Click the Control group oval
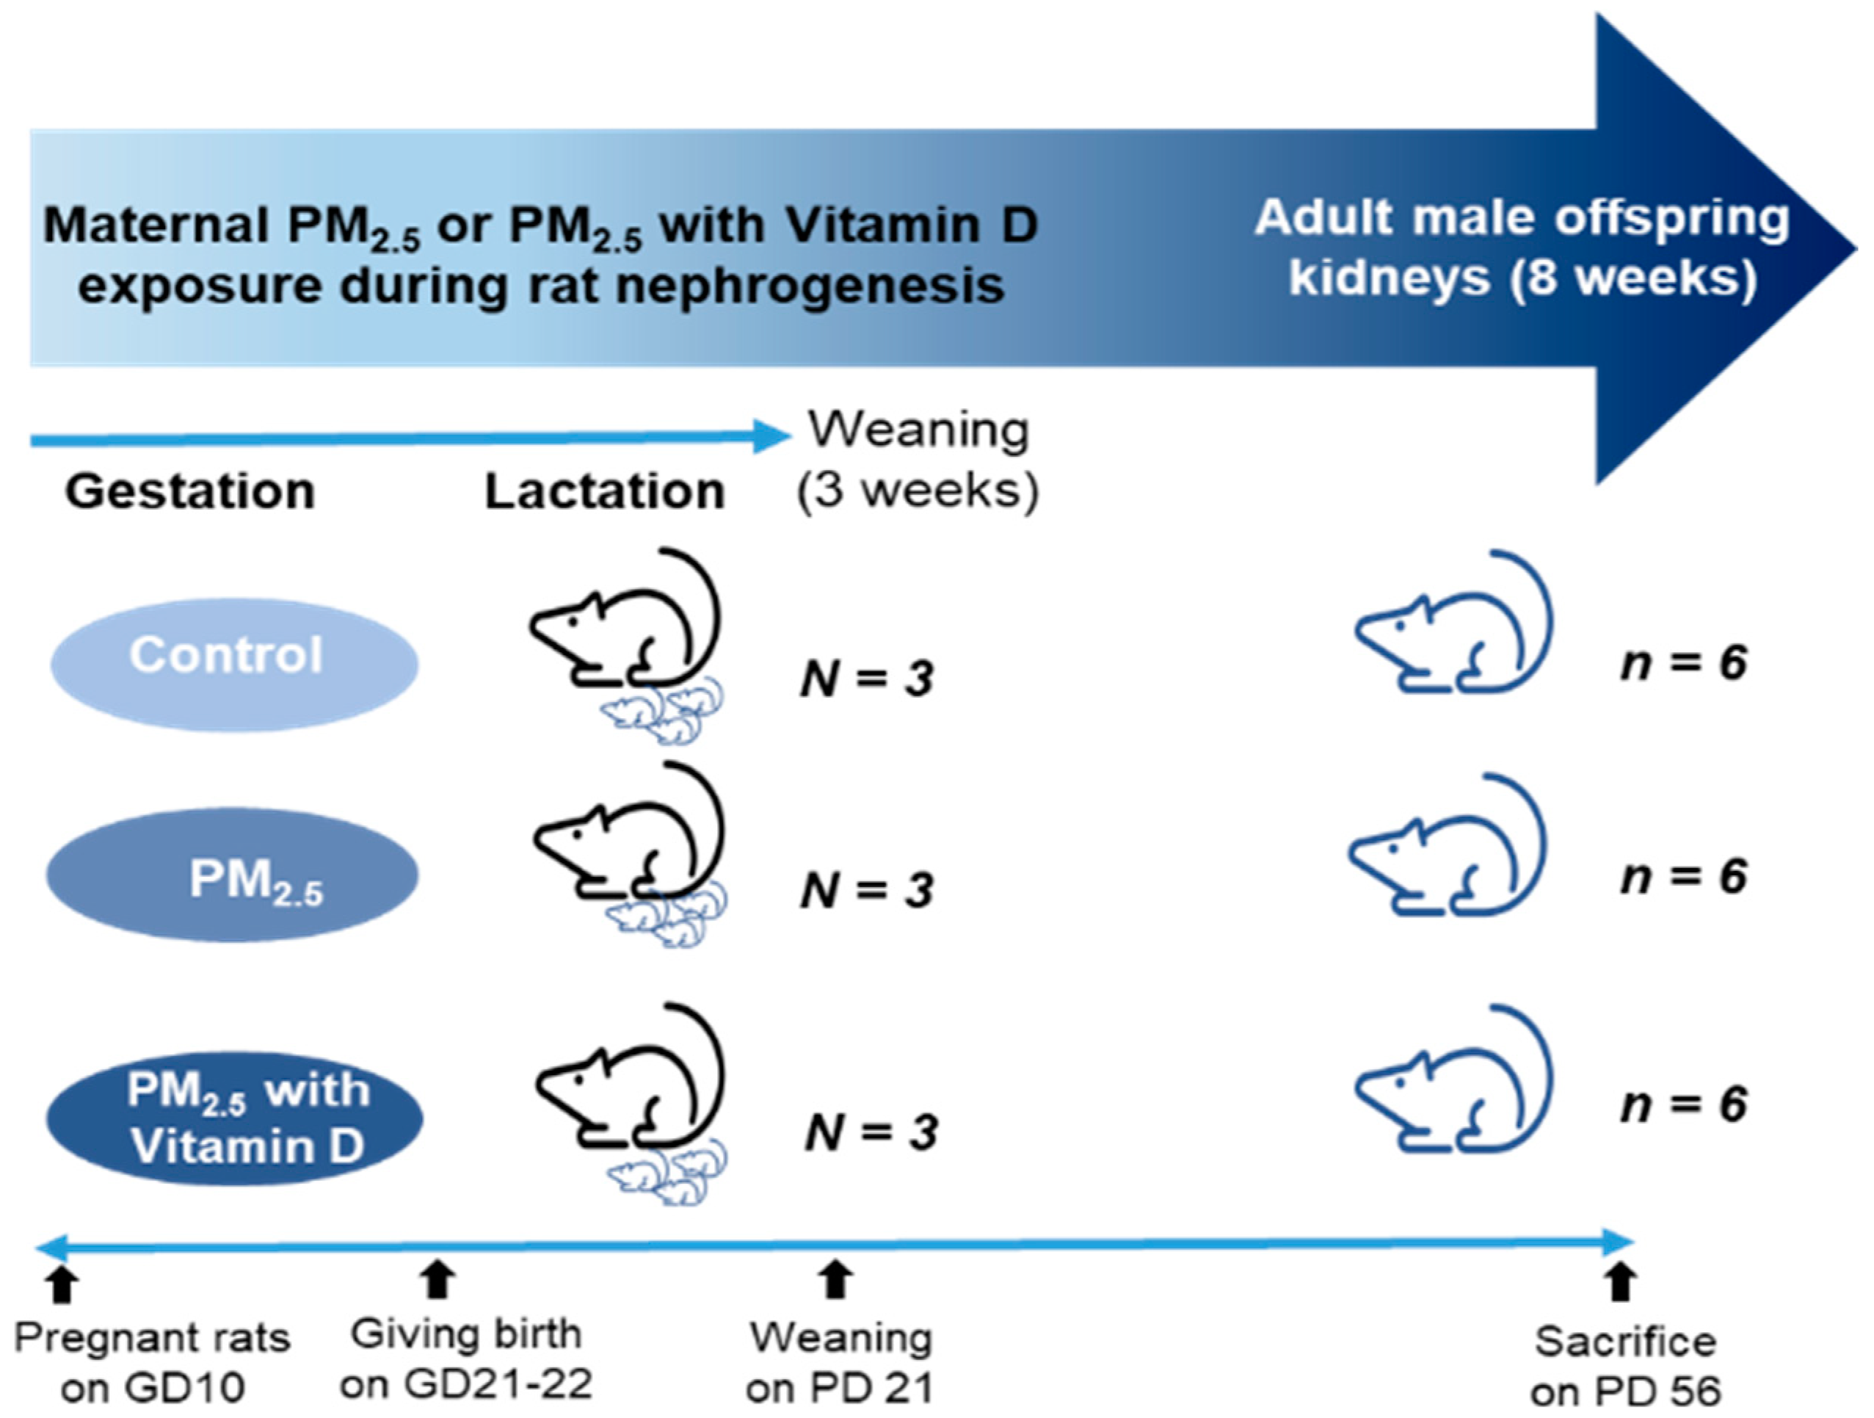(234, 664)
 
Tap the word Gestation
(190, 491)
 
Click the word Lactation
(604, 491)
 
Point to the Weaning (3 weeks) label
(918, 460)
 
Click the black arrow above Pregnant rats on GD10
(61, 1284)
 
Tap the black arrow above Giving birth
(437, 1280)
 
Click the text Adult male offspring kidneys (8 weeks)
(1522, 247)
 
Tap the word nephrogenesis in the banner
(808, 286)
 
